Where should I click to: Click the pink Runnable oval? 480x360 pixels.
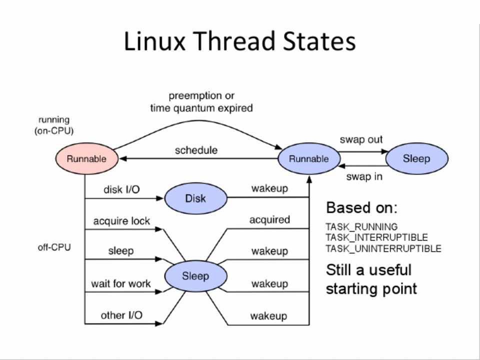coord(87,159)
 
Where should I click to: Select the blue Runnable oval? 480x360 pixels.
coord(309,159)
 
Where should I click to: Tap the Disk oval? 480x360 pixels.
coord(195,198)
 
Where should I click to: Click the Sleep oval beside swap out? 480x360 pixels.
coord(416,158)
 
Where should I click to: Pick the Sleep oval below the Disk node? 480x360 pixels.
coord(195,276)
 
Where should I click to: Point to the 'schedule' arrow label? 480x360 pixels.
coord(196,150)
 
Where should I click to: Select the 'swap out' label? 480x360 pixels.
coord(361,139)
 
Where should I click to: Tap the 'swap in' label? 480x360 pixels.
coord(364,176)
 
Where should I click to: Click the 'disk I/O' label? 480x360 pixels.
coord(121,189)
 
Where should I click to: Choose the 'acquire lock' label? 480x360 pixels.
coord(121,220)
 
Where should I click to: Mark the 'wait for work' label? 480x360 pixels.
coord(120,283)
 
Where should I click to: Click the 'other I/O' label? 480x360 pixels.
coord(121,315)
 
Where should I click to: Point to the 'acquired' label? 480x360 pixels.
coord(269,219)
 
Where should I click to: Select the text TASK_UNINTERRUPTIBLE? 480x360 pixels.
coord(383,248)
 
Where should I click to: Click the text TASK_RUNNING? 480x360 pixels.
coord(361,226)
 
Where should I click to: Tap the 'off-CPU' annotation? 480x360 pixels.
coord(54,247)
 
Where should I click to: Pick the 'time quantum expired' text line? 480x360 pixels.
coord(201,108)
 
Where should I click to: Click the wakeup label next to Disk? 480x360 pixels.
coord(269,188)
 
